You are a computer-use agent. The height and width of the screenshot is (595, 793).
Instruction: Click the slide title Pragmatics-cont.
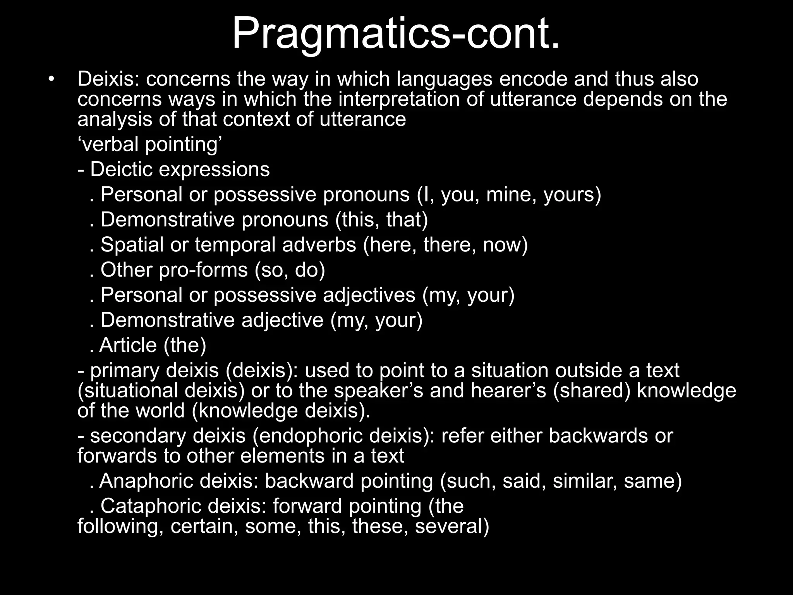pos(396,34)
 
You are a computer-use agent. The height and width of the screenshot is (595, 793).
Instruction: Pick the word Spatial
pos(132,245)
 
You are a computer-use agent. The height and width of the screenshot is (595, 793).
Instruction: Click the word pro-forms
pos(203,270)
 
